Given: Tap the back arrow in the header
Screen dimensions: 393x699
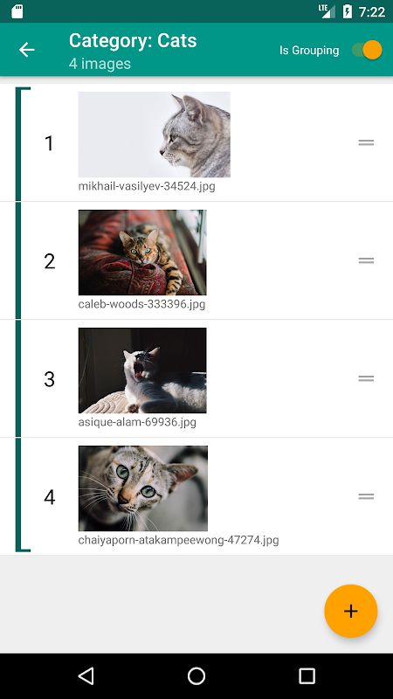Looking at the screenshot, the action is coord(27,50).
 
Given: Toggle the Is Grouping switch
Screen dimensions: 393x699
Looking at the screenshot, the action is coord(367,50).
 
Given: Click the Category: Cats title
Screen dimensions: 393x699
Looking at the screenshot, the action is coord(133,40).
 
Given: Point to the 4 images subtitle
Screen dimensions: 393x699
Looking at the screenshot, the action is coord(100,63).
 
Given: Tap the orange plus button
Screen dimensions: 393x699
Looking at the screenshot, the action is coord(351,611).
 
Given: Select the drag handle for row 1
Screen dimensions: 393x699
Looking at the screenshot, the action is coord(366,142).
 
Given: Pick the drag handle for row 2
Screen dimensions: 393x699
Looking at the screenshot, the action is coord(366,260).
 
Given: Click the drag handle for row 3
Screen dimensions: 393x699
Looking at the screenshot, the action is coord(366,378).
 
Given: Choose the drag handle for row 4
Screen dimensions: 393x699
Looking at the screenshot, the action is coord(366,496).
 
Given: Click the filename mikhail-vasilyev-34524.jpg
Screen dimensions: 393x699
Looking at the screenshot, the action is coord(147,186).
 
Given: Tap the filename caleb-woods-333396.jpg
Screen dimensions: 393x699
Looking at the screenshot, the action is coord(141,304).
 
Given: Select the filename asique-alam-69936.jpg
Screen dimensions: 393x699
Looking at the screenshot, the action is coord(137,422).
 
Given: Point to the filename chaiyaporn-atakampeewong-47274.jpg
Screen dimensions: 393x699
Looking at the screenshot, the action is coord(179,540).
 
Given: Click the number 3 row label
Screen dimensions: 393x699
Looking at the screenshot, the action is coord(49,379).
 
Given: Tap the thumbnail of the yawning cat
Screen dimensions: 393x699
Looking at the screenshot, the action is coord(142,370).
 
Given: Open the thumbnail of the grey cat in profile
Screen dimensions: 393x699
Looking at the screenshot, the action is coord(155,135).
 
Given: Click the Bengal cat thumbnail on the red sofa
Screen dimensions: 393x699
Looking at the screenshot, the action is coord(142,253).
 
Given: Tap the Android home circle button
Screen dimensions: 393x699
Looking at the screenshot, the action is coord(196,675).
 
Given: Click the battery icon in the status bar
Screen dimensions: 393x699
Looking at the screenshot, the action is coord(347,11).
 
